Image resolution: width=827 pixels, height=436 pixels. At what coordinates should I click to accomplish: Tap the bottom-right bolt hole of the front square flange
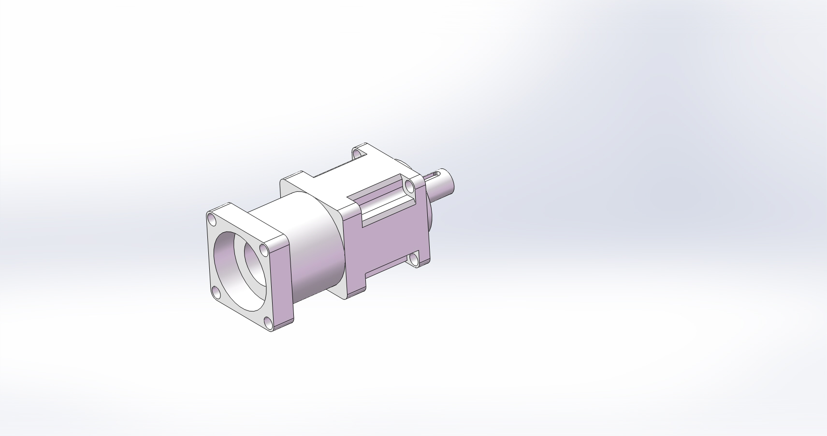click(268, 323)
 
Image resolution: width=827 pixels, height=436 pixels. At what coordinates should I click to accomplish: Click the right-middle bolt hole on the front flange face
click(263, 250)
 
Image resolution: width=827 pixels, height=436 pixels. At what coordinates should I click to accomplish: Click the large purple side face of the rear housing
click(387, 241)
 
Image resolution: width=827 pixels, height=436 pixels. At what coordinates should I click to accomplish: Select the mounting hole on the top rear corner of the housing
click(358, 154)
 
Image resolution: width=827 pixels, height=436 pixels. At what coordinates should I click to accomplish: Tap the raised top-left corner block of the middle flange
click(295, 179)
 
